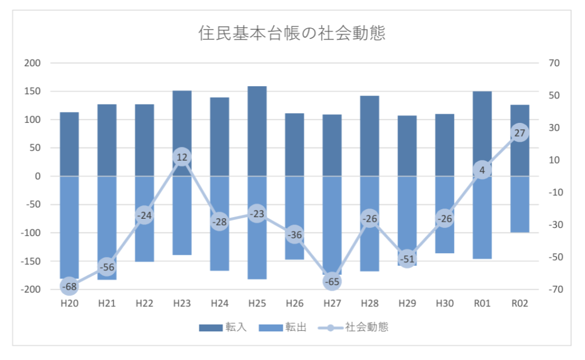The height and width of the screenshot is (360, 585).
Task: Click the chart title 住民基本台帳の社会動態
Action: click(x=292, y=33)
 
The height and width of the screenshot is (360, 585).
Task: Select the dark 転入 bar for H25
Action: click(x=257, y=131)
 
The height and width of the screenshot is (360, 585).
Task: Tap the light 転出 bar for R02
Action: click(x=519, y=204)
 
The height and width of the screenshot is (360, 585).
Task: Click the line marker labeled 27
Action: click(x=519, y=133)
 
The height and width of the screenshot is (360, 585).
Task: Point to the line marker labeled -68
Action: click(x=69, y=286)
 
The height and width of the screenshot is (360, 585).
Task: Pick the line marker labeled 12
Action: click(x=182, y=157)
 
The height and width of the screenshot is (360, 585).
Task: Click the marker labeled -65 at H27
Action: click(x=332, y=281)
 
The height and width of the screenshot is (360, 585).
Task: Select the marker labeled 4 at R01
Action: click(x=482, y=170)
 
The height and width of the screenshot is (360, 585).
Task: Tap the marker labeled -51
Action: click(x=407, y=258)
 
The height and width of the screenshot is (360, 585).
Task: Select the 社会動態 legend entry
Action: click(x=352, y=327)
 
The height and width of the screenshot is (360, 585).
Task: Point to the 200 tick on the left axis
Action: click(x=33, y=63)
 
